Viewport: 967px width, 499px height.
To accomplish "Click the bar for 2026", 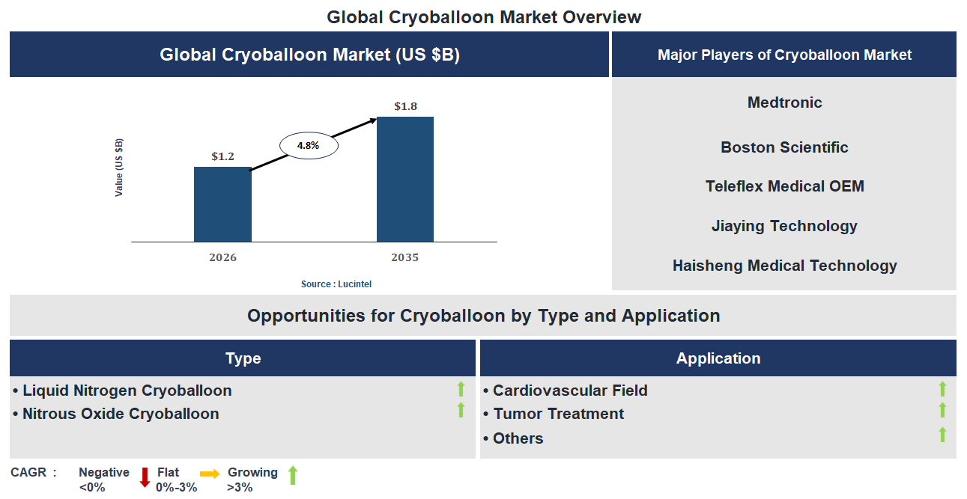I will coord(222,204).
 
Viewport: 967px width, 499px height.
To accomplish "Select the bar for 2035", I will coord(404,179).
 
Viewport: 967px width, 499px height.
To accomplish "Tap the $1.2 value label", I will coord(222,156).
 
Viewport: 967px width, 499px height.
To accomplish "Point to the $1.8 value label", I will coord(405,106).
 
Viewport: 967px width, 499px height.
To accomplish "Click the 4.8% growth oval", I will coord(309,146).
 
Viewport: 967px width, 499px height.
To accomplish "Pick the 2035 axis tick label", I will coord(404,257).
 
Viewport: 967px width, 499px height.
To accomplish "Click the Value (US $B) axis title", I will coord(119,168).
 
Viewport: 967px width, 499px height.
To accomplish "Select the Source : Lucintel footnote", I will coord(336,284).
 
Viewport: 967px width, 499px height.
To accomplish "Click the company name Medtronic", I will coord(784,102).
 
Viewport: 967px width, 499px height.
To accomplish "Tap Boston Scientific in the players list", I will coord(784,147).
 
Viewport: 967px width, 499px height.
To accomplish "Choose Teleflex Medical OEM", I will coord(784,186).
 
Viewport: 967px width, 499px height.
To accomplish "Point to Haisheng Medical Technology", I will coord(784,266).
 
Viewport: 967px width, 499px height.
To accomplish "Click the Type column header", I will coord(243,358).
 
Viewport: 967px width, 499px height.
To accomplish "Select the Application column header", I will coord(718,358).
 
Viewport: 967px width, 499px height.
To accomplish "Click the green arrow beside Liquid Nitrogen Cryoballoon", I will coord(461,389).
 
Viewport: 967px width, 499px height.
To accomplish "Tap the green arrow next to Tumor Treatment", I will coord(942,410).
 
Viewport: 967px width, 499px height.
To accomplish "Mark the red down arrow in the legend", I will coord(145,477).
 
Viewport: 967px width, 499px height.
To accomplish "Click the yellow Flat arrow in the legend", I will coord(210,474).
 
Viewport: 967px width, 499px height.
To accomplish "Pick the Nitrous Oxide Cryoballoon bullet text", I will coord(121,414).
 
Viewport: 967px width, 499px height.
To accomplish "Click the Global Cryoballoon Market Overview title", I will coord(484,16).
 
